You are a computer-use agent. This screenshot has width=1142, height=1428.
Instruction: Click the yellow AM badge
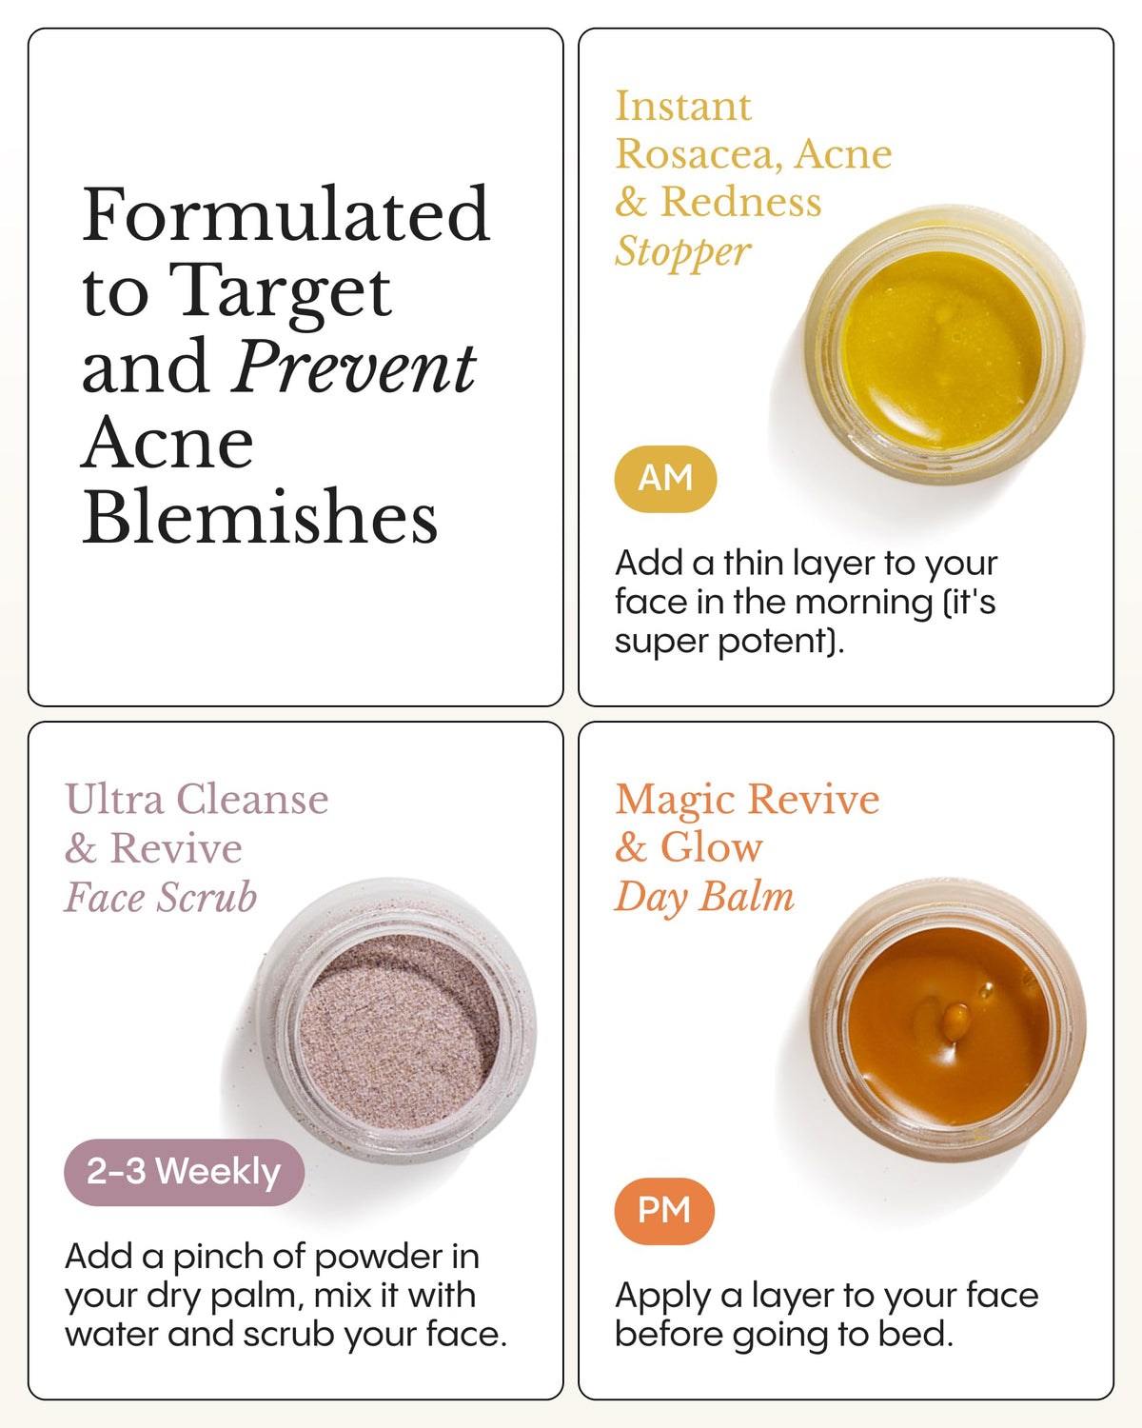pyautogui.click(x=665, y=479)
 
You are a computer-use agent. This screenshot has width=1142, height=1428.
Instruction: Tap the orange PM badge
pyautogui.click(x=664, y=1211)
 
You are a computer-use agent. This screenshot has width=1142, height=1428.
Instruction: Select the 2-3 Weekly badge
pyautogui.click(x=184, y=1173)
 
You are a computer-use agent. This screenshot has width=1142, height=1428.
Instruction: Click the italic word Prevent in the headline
pyautogui.click(x=354, y=367)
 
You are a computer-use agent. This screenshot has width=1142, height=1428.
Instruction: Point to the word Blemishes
pyautogui.click(x=260, y=517)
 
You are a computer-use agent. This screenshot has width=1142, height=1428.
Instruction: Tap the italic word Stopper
pyautogui.click(x=682, y=252)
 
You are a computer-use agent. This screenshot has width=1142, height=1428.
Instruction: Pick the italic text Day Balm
pyautogui.click(x=704, y=898)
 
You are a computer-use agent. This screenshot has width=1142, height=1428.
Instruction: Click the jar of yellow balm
pyautogui.click(x=944, y=344)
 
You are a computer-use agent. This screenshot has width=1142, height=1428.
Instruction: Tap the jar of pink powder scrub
pyautogui.click(x=397, y=1021)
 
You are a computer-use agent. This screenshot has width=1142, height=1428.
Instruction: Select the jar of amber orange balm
pyautogui.click(x=948, y=1021)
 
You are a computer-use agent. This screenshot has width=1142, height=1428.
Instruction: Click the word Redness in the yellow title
pyautogui.click(x=741, y=202)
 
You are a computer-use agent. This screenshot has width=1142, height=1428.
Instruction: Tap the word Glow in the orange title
pyautogui.click(x=711, y=847)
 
